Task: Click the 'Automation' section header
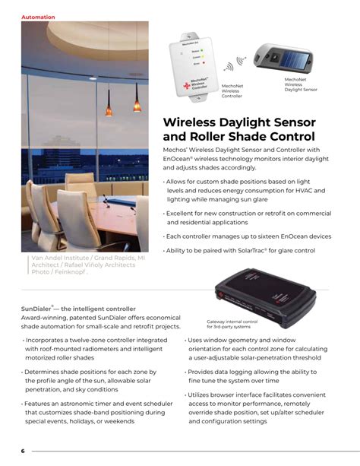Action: coord(38,17)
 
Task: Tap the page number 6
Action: coord(23,451)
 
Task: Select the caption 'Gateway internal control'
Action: coord(232,322)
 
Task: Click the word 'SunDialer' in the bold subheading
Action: coord(38,309)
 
